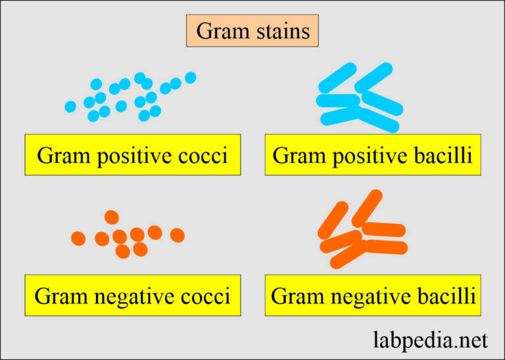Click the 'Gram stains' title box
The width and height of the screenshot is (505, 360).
click(252, 31)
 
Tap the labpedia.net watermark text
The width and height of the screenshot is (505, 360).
click(431, 340)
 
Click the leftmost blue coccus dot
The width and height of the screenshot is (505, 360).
click(70, 106)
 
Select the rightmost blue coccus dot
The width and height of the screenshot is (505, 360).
click(191, 78)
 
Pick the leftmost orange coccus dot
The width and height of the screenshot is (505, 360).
click(78, 238)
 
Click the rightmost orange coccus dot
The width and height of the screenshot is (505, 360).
click(178, 235)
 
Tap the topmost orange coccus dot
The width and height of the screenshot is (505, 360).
click(111, 217)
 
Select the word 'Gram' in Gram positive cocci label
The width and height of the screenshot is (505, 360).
click(60, 156)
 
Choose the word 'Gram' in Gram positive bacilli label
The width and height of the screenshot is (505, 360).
click(297, 156)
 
